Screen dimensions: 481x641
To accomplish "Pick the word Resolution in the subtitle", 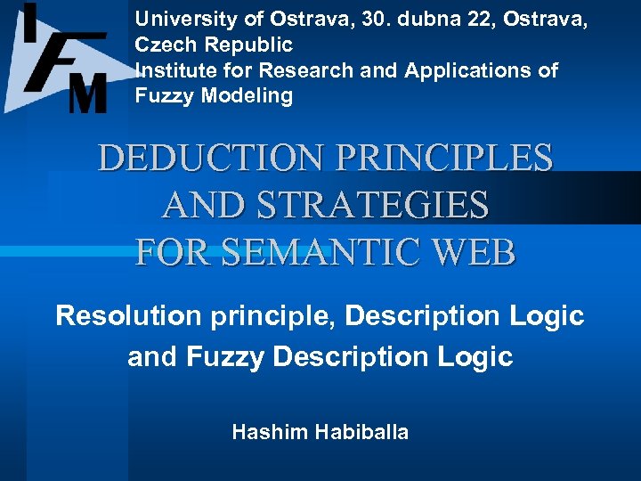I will (126, 315).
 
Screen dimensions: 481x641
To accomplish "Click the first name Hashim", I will (264, 433).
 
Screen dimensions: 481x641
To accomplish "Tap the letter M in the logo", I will (88, 93).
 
